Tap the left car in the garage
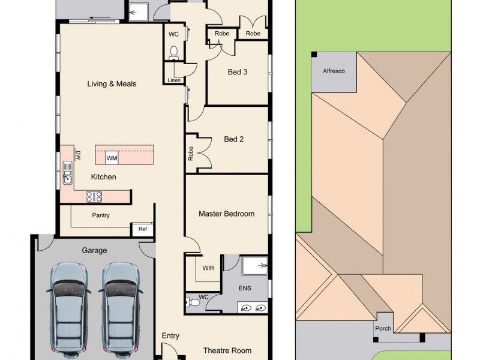point(68,307)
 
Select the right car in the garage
point(122,307)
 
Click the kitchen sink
point(68,176)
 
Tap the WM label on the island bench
point(112,158)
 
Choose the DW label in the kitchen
point(78,155)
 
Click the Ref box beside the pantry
point(143,229)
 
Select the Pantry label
point(101,215)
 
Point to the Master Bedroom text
point(227,214)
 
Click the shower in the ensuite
point(255,265)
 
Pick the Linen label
point(174,80)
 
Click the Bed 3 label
point(238,72)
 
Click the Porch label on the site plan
point(383,328)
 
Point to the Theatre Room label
point(227,350)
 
